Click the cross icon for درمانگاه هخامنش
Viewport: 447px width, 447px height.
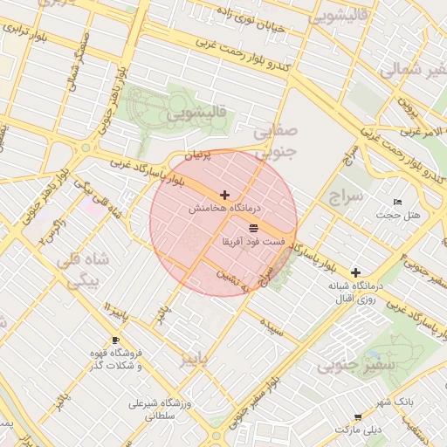tap(225, 195)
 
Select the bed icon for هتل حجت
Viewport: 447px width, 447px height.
tap(398, 203)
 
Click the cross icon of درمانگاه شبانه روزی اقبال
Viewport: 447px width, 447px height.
tap(354, 272)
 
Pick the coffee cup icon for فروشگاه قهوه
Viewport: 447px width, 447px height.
tap(115, 340)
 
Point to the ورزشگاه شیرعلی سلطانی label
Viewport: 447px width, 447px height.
tap(155, 410)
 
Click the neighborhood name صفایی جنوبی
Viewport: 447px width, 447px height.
tap(275, 141)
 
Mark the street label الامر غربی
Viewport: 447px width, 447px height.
tap(418, 133)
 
